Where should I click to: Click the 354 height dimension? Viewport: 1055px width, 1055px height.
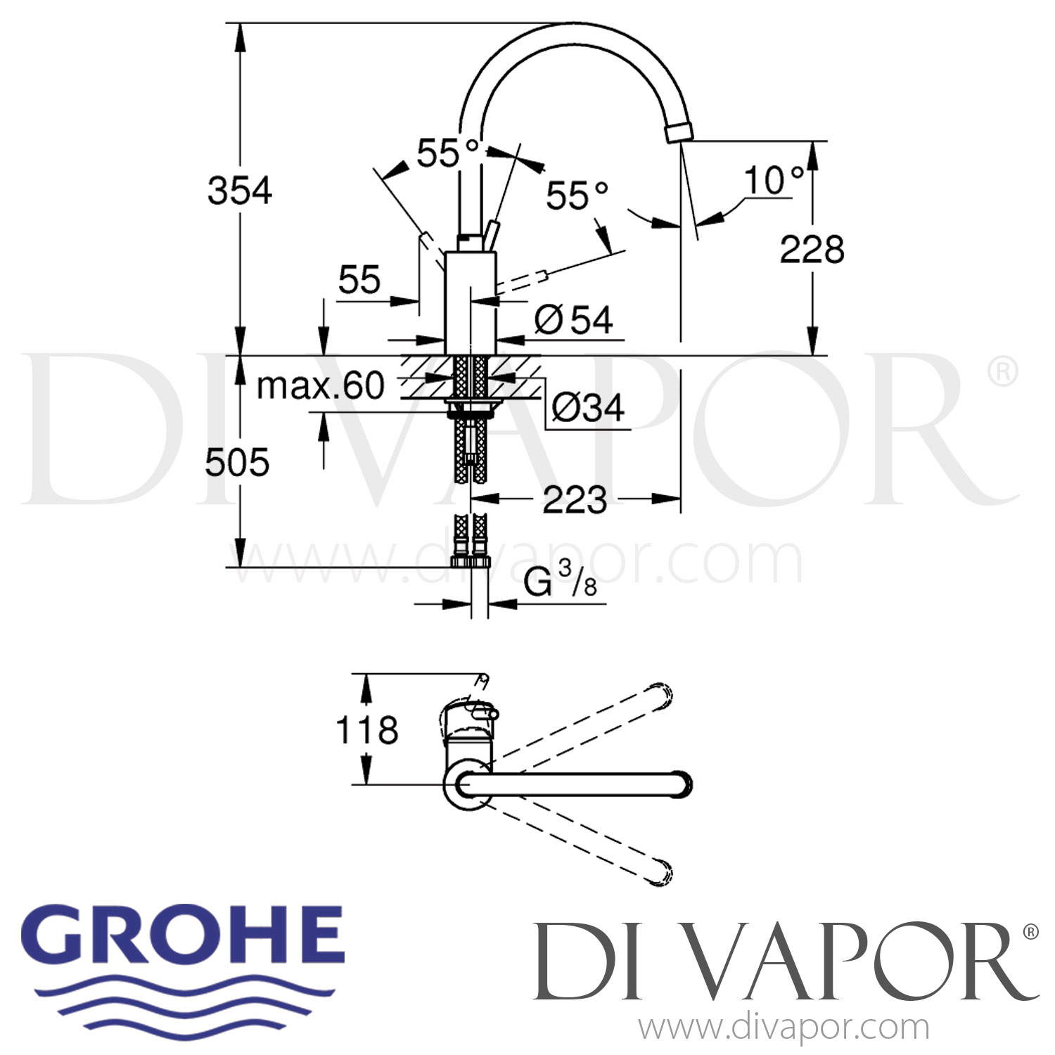(x=239, y=191)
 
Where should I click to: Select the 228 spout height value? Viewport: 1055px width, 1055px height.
(x=812, y=250)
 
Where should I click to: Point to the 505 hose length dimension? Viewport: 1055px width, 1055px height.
(x=237, y=463)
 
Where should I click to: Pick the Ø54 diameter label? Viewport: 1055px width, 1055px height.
(x=574, y=321)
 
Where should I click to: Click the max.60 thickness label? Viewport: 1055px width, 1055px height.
(x=321, y=385)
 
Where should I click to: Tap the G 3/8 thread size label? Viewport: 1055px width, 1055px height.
(x=560, y=582)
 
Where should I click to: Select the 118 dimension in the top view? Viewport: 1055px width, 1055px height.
(x=366, y=729)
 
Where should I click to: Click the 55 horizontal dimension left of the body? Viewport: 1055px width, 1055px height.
(x=359, y=280)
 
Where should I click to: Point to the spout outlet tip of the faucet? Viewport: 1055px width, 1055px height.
(x=678, y=132)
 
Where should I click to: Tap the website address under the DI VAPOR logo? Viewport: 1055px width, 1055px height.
(x=784, y=1028)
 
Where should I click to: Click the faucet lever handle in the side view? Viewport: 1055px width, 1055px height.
(x=490, y=234)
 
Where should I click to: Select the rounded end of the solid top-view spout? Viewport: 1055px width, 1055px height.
(x=682, y=784)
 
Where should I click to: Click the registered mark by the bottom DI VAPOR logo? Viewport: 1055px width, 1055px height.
(x=1030, y=932)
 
